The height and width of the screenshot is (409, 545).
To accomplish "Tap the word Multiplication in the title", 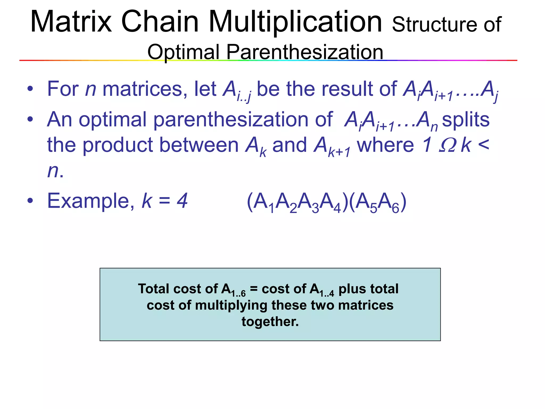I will point(295,23).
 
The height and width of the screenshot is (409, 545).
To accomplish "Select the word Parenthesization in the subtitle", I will point(305,52).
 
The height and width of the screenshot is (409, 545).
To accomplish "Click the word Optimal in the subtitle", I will point(184,52).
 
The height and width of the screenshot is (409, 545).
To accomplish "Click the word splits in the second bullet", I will point(466,119).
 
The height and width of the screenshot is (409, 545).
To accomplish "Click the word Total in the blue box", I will point(154,289).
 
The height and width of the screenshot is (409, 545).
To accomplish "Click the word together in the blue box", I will point(270,321).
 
